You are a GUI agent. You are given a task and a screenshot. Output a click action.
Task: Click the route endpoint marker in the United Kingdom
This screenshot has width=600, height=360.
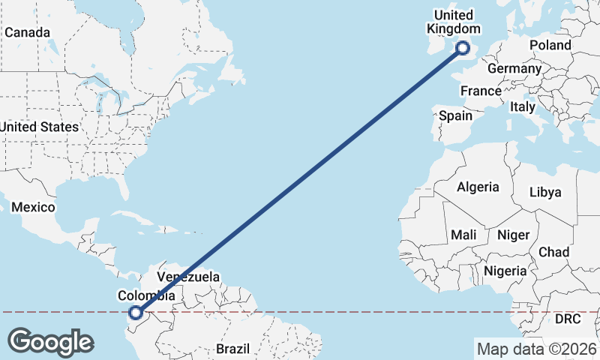(463, 47)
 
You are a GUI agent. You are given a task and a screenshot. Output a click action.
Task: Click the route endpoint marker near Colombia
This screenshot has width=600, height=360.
(136, 313)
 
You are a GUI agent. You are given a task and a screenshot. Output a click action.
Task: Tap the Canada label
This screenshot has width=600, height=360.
(28, 33)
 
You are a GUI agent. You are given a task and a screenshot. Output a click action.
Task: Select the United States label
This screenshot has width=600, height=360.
(39, 127)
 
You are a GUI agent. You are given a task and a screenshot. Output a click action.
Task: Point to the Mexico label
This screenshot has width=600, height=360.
(33, 206)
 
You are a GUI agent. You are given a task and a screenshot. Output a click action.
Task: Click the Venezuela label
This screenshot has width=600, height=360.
(188, 277)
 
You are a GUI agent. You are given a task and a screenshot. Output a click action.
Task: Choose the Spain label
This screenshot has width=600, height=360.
(455, 115)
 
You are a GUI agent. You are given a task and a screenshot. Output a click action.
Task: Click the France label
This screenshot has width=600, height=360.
(481, 91)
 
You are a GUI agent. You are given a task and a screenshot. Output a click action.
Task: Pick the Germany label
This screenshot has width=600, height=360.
(514, 68)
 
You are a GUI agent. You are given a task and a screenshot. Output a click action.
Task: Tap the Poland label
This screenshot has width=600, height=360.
(550, 45)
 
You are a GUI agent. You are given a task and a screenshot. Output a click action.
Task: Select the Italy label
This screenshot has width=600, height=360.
(523, 107)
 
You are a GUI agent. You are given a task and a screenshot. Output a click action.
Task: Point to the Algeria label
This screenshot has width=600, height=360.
(478, 186)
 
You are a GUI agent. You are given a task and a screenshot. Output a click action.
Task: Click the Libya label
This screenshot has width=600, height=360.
(545, 192)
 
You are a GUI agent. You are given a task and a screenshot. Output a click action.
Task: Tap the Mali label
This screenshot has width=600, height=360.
(463, 235)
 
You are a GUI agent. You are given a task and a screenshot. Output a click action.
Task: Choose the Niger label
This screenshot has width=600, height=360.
(514, 235)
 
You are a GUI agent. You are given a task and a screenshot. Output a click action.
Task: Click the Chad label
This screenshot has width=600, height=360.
(553, 252)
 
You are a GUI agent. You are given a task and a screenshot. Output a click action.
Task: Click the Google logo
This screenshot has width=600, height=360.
(50, 342)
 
